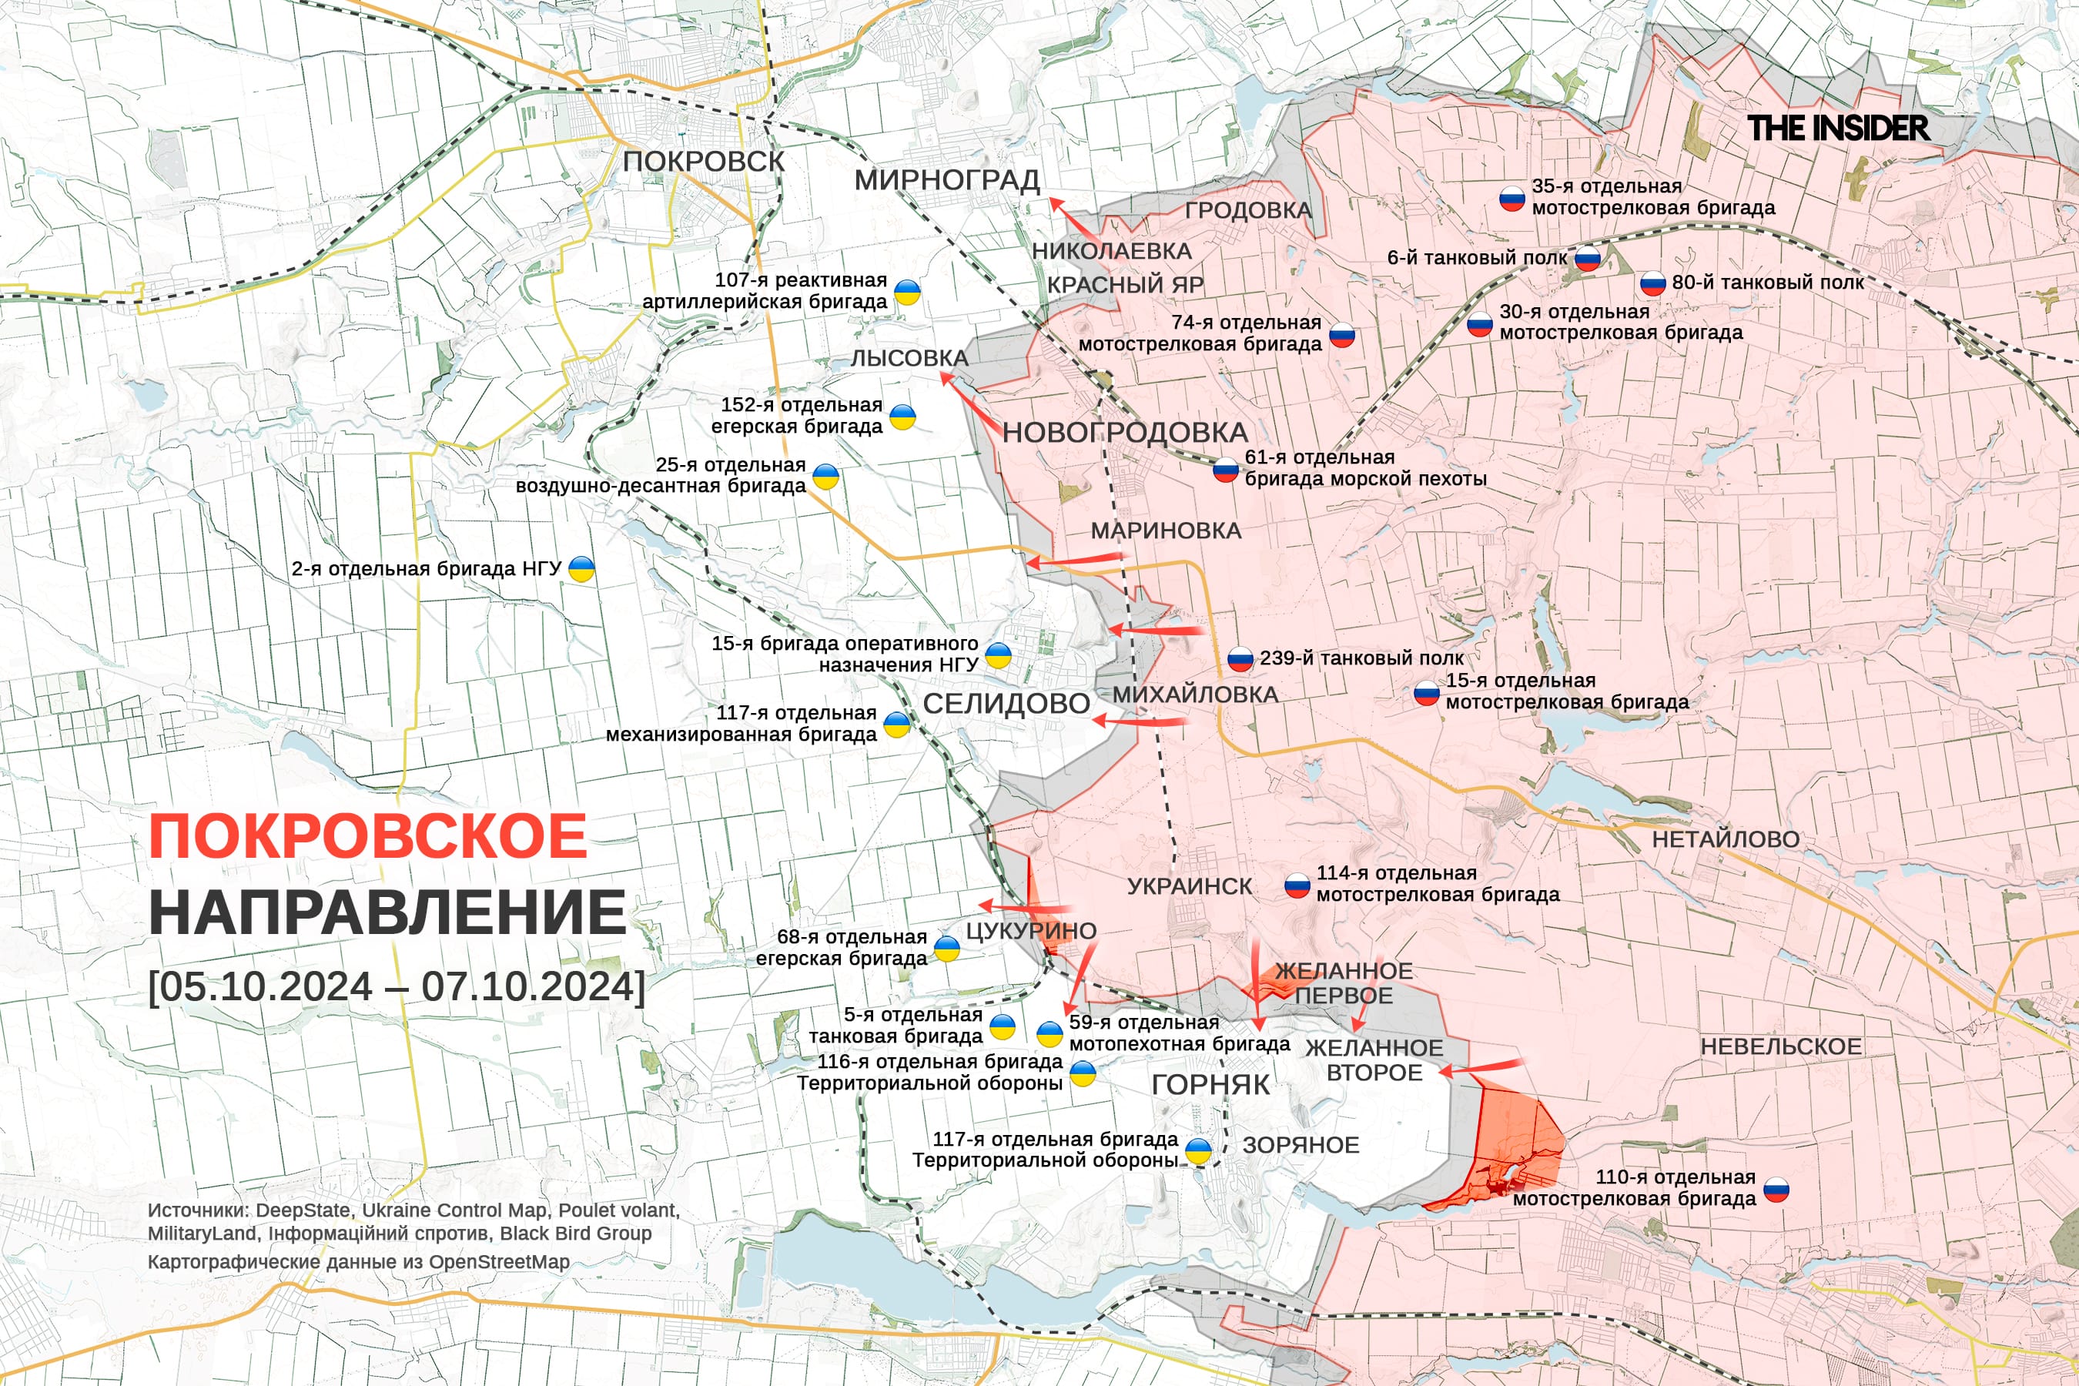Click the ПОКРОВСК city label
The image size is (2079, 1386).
click(x=704, y=162)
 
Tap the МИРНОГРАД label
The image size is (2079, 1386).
click(x=946, y=180)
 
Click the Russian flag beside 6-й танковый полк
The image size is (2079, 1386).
click(x=1588, y=258)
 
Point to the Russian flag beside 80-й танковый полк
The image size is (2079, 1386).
click(x=1653, y=283)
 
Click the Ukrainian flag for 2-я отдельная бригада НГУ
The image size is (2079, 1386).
click(x=581, y=569)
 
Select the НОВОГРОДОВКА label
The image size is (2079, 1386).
click(x=1125, y=432)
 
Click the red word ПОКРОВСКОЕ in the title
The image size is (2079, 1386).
click(x=368, y=836)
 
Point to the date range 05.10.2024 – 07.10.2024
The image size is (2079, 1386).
click(x=397, y=986)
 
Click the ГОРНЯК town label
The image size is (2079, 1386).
click(x=1210, y=1085)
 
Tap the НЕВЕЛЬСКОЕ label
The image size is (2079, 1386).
click(x=1781, y=1046)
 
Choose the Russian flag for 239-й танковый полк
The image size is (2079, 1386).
click(x=1240, y=658)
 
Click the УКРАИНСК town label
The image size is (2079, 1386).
click(x=1190, y=886)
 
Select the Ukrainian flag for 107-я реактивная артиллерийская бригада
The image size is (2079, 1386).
click(x=907, y=292)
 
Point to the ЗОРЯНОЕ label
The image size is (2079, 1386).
click(x=1301, y=1145)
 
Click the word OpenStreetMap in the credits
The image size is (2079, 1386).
click(x=500, y=1261)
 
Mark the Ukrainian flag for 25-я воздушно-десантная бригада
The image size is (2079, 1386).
click(x=825, y=477)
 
